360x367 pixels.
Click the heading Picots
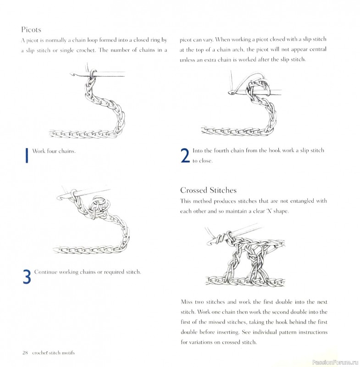[x=31, y=30]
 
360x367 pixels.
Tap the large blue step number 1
[x=27, y=155]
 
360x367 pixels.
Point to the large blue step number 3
[x=27, y=277]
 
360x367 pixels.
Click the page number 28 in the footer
[x=25, y=353]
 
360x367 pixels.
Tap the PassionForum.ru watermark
[x=334, y=362]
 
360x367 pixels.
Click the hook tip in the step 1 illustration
[x=72, y=74]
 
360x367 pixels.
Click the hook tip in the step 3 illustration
[x=59, y=198]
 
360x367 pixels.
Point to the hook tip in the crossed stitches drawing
[x=210, y=242]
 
